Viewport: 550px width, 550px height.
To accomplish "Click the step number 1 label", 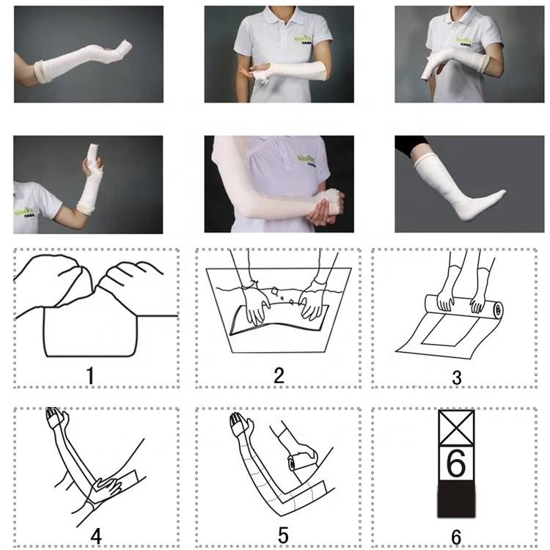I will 89,376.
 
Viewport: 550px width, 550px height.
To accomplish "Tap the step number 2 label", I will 279,375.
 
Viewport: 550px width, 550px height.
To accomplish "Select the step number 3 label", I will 457,378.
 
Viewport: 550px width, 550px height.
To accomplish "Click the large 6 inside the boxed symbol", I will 455,464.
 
